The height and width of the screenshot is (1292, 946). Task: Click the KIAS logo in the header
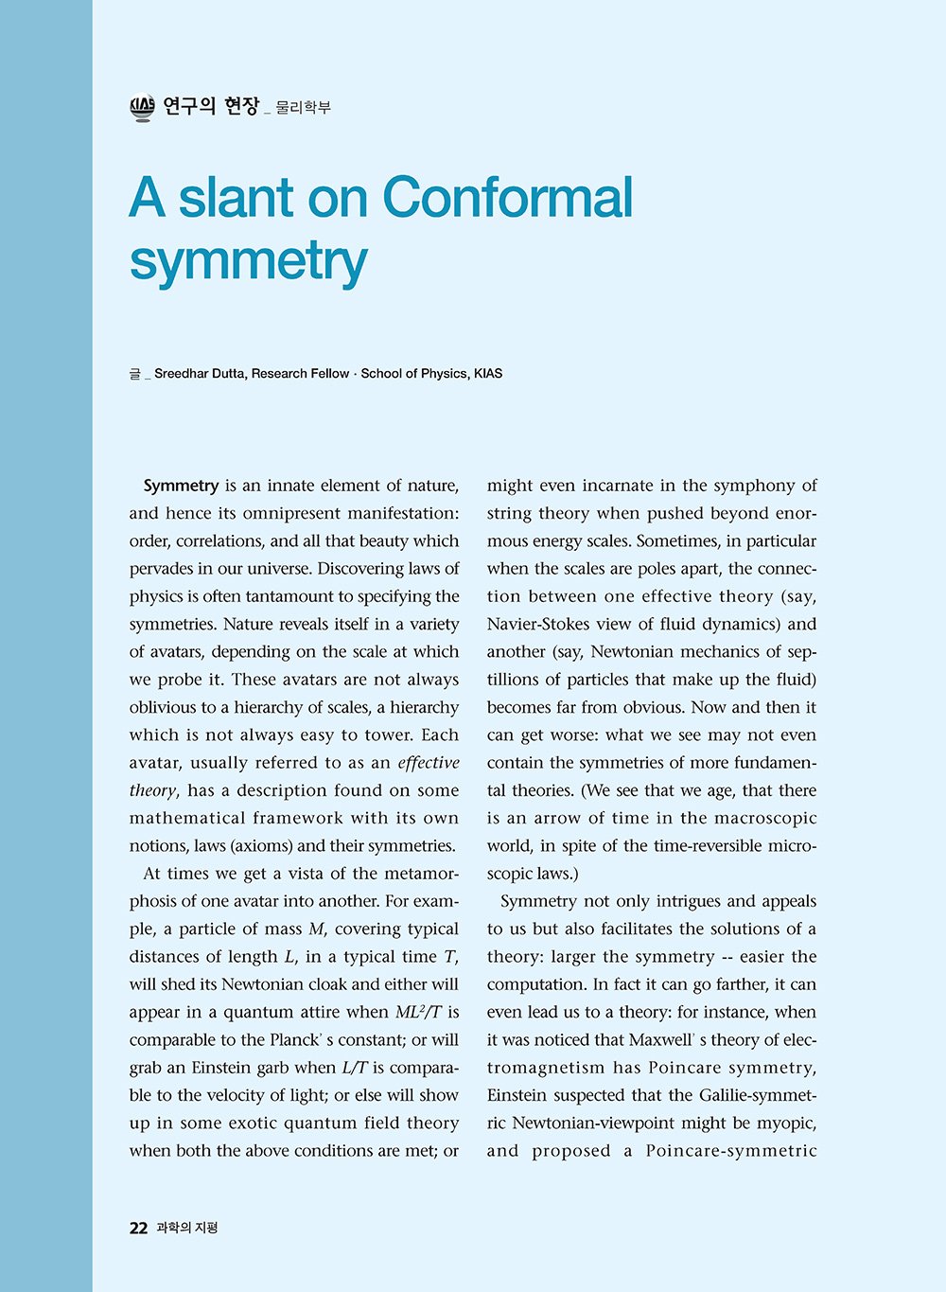click(142, 108)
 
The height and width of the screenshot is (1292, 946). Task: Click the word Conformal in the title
click(507, 198)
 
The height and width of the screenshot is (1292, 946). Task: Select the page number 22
click(138, 1228)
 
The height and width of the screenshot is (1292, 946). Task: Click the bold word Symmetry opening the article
click(181, 486)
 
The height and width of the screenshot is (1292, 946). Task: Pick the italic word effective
click(429, 763)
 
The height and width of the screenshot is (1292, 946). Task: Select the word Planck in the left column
click(294, 1040)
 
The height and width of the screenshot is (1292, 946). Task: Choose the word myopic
click(787, 1124)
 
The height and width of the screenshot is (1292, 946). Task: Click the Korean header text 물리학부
click(303, 108)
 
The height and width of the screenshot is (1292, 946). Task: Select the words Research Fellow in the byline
click(300, 374)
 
